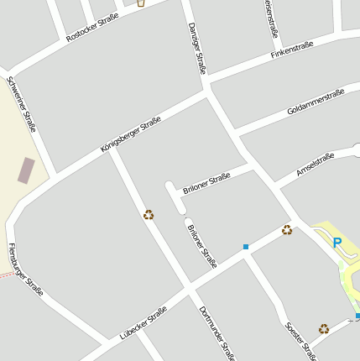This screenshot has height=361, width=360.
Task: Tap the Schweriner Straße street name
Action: [x=21, y=104]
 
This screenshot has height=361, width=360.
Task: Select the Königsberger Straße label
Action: [x=130, y=134]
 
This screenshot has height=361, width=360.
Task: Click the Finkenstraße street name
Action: [x=295, y=49]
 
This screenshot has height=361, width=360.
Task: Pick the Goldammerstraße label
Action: [x=316, y=102]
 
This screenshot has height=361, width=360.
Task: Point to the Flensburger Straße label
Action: [x=24, y=271]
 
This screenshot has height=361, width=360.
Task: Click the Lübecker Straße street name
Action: [x=143, y=322]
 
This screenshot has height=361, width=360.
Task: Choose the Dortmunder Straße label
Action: [x=217, y=333]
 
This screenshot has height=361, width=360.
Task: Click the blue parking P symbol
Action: [x=337, y=243]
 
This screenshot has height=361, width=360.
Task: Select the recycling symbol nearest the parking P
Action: [x=287, y=229]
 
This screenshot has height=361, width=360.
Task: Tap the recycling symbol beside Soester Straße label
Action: [x=324, y=329]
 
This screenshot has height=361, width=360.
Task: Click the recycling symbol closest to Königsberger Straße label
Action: [x=149, y=215]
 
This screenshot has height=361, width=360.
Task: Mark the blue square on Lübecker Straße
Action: [x=246, y=247]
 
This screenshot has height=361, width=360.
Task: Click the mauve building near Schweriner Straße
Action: [x=27, y=170]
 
